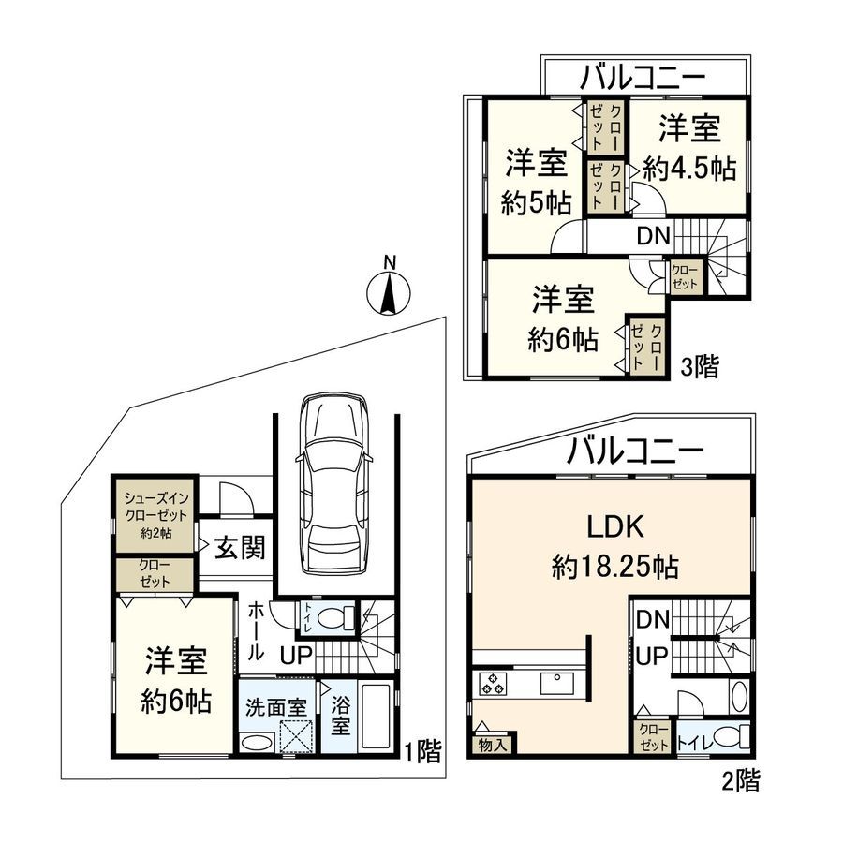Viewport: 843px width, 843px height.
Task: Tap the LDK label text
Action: (x=614, y=528)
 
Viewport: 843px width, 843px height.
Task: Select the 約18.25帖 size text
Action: (x=614, y=567)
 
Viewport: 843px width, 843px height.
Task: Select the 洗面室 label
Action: (x=276, y=707)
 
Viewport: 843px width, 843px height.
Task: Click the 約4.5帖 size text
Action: (x=689, y=169)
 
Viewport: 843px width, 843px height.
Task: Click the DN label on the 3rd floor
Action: (x=653, y=237)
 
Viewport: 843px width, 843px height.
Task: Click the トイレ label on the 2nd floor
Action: (x=694, y=744)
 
